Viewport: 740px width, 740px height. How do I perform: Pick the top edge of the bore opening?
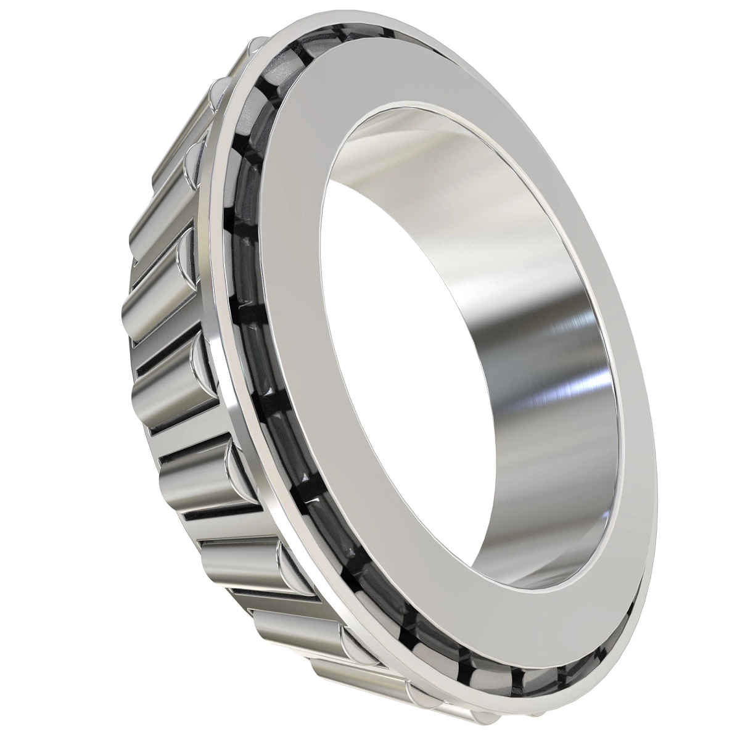395,108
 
